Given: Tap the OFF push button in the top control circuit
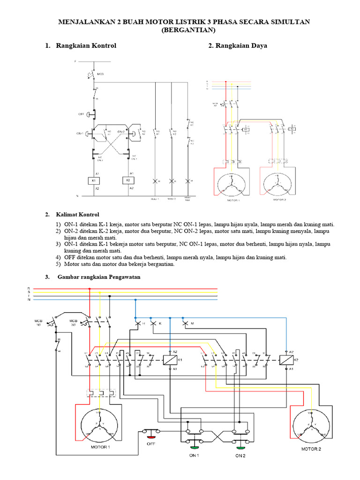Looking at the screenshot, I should tap(94, 113).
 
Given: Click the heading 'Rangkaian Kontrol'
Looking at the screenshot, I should tap(86, 46).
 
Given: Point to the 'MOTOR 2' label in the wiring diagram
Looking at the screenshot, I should tap(311, 449).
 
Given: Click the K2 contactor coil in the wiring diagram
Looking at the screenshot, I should tap(285, 360).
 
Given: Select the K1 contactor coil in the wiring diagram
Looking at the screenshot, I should tap(169, 360).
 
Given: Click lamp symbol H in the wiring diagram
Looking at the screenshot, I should tap(138, 323).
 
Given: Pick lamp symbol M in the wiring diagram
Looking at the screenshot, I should tap(185, 323).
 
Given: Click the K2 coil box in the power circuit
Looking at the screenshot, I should tap(292, 127).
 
